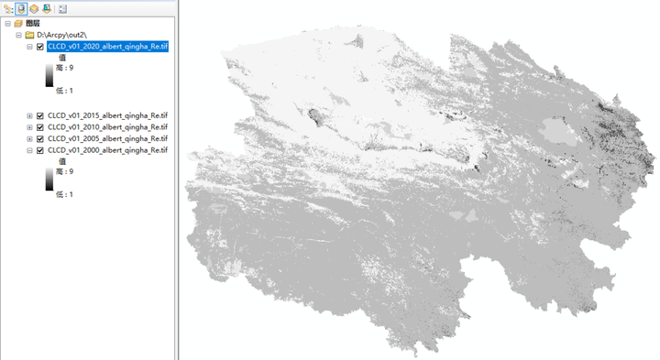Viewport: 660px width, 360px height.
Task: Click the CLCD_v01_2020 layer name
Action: [107, 47]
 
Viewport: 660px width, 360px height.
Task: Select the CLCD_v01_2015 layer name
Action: [107, 115]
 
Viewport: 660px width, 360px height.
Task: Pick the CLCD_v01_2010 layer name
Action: [107, 127]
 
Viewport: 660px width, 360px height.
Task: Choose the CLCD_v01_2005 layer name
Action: [107, 138]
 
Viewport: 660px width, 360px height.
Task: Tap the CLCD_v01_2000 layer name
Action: [107, 150]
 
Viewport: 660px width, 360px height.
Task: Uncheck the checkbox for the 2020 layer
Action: [40, 47]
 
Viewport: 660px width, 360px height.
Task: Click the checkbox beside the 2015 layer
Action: [40, 115]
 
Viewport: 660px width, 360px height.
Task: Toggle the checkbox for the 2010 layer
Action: [40, 127]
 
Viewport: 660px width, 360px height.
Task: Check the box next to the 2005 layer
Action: [40, 138]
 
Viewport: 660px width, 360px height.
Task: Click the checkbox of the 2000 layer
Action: [40, 150]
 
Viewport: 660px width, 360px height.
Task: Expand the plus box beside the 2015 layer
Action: [29, 115]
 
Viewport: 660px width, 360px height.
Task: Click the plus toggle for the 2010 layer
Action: [29, 127]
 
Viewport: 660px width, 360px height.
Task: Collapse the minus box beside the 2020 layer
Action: [29, 47]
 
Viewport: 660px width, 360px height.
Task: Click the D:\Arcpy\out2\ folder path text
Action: [63, 35]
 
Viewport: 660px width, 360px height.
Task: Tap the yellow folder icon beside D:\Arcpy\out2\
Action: [29, 35]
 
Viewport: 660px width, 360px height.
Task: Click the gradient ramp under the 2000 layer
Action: [49, 182]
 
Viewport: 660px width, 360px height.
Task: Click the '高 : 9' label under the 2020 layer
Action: [64, 68]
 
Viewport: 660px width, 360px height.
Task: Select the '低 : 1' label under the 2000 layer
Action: [64, 194]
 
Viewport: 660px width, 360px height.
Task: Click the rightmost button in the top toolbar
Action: [62, 8]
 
